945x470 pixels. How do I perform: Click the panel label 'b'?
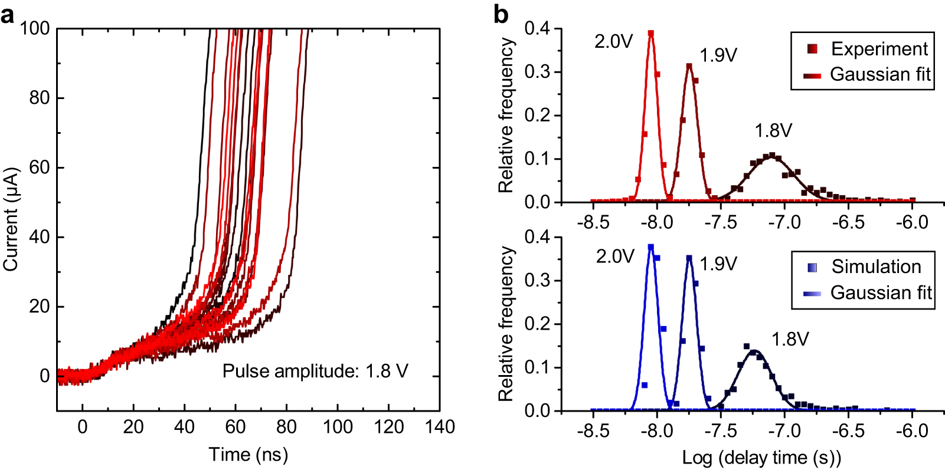tap(501, 14)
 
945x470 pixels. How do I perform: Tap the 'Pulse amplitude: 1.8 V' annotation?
tap(315, 371)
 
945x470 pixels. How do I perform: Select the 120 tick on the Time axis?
tap(388, 426)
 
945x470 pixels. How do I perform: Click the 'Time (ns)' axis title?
tap(248, 455)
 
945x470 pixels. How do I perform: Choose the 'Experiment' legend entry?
tap(879, 49)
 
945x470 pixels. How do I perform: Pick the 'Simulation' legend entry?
tap(876, 267)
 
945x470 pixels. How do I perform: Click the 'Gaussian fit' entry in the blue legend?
tap(880, 292)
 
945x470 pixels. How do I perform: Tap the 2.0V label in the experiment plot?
tap(613, 41)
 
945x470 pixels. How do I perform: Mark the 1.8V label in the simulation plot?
tap(790, 339)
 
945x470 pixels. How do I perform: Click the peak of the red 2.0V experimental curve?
tap(651, 33)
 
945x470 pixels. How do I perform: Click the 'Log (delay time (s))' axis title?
tap(761, 457)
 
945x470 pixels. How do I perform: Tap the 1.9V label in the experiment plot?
tap(718, 55)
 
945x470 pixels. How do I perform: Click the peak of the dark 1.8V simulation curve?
tap(754, 351)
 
